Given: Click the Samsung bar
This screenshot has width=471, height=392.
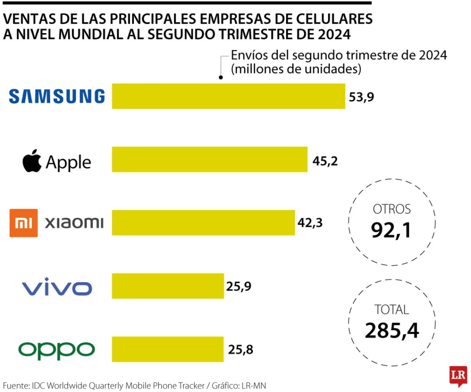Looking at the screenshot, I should coord(228,96).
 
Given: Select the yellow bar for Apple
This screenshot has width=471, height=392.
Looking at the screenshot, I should coord(209,159).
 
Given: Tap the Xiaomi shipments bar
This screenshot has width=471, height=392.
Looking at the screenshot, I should coord(203,223).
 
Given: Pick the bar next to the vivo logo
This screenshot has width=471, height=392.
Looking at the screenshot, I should coord(167,286).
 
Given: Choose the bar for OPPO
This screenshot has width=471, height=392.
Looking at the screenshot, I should coord(167,349).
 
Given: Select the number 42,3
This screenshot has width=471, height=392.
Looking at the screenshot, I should coord(310,223).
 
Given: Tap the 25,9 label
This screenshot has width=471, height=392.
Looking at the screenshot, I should coord(239,287).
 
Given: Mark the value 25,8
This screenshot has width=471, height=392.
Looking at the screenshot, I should coord(240,350).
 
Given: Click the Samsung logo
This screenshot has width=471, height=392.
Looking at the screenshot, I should coord(57,96).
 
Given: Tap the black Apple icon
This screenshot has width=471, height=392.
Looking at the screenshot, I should coord(32,161).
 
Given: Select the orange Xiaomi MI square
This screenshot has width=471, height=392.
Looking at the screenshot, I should coord(23,223).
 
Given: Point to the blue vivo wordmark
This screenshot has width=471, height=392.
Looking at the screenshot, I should coord(57,288).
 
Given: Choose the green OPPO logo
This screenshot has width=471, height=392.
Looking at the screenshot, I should coord(57,350).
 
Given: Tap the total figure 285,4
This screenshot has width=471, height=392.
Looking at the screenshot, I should coord(392,330).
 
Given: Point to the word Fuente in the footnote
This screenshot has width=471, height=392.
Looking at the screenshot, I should coord(15,386).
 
